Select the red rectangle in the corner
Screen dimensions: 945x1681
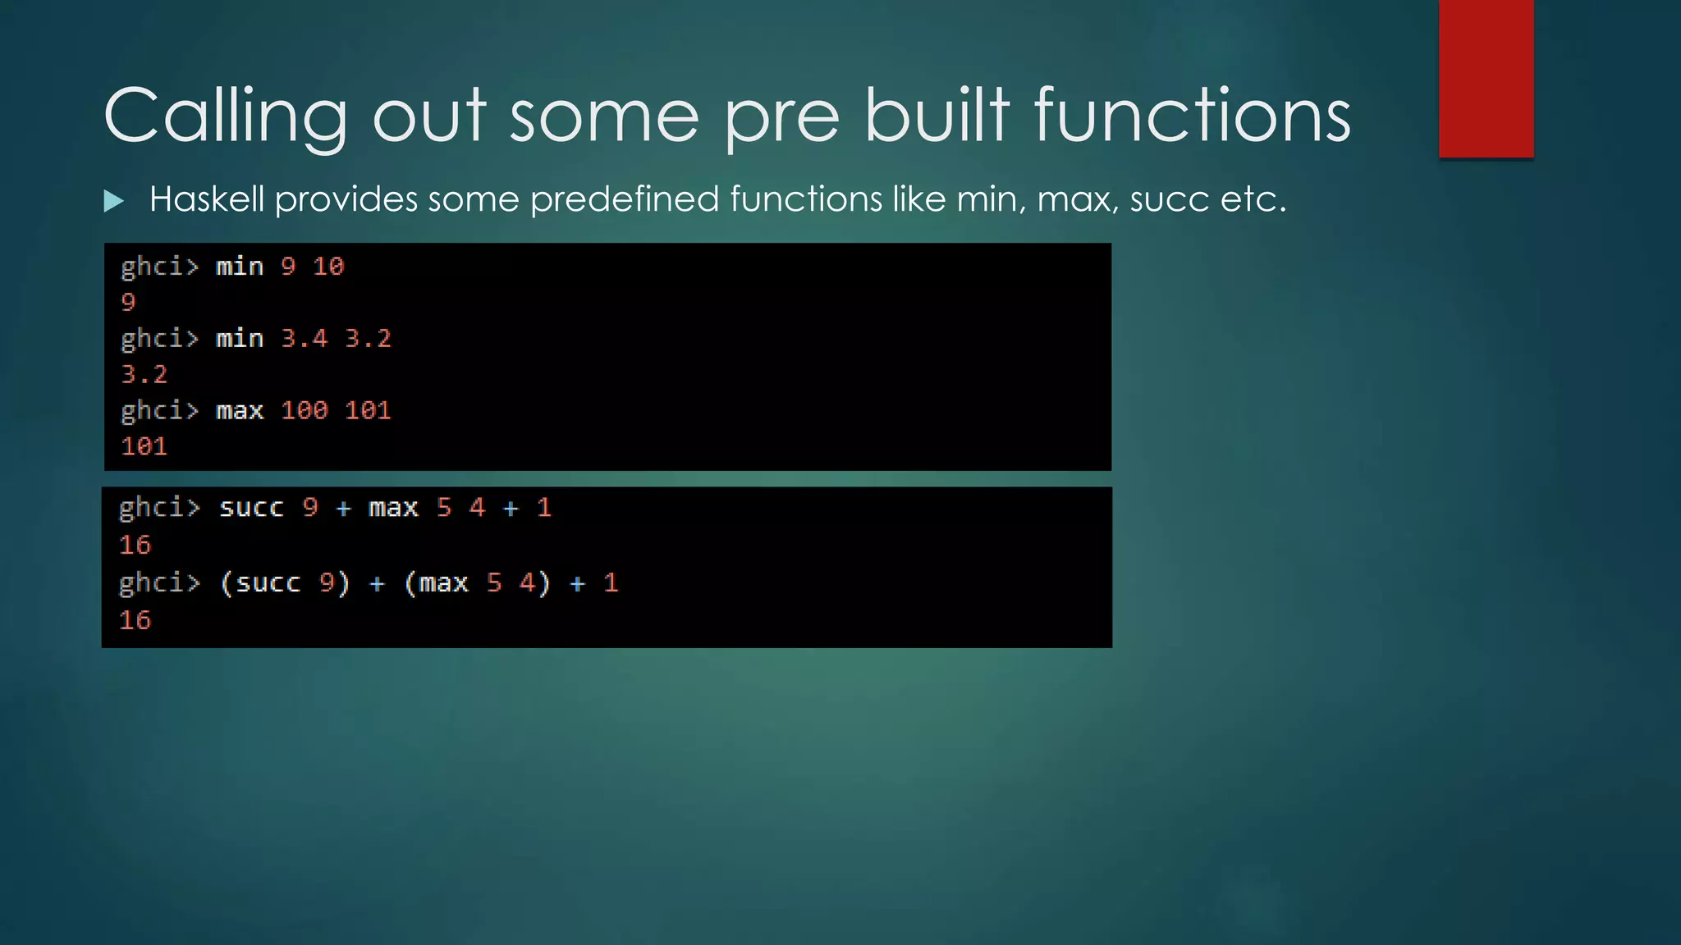click(x=1486, y=78)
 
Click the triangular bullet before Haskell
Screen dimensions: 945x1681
click(x=114, y=201)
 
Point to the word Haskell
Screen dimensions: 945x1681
click(x=207, y=199)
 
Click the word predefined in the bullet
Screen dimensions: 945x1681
click(x=625, y=199)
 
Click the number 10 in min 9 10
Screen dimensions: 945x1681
click(x=328, y=267)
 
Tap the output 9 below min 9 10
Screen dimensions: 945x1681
click(x=128, y=303)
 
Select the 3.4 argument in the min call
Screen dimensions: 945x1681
click(x=304, y=339)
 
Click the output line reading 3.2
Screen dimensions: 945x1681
click(x=144, y=375)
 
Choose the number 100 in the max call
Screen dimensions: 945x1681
click(x=304, y=410)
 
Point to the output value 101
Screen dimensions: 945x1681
click(x=144, y=446)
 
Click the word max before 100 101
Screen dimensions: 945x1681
click(x=240, y=410)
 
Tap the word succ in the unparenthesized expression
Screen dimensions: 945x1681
click(x=251, y=508)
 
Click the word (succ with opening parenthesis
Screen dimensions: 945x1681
click(x=260, y=583)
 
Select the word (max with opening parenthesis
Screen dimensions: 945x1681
click(x=436, y=583)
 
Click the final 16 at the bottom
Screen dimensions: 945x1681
click(x=135, y=620)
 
